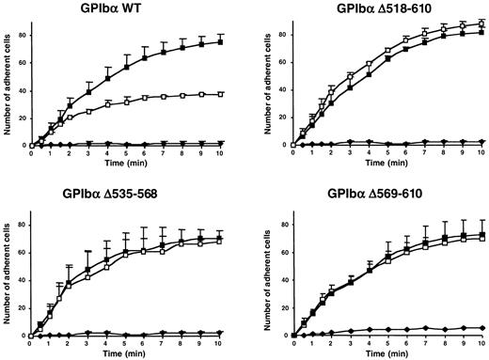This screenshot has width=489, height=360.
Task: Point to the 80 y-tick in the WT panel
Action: point(22,35)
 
